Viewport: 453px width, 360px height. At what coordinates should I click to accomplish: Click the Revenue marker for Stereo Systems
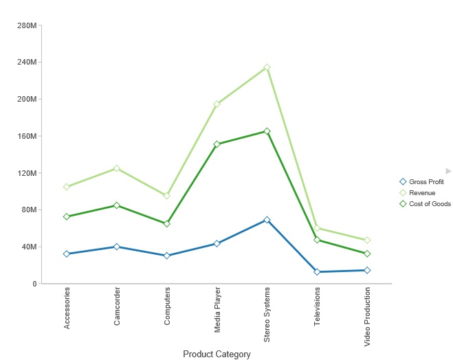pos(267,67)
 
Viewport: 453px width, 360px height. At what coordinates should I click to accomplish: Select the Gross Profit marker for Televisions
pos(317,272)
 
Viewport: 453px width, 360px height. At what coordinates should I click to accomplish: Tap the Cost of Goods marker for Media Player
pos(217,144)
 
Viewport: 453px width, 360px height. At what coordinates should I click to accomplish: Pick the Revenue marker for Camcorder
pos(117,168)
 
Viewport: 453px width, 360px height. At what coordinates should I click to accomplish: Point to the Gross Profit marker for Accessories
pos(67,254)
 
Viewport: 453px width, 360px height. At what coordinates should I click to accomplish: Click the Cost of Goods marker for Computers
pos(167,224)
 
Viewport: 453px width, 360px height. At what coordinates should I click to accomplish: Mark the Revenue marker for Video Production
pos(367,240)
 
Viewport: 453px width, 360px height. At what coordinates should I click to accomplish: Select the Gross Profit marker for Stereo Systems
pos(267,220)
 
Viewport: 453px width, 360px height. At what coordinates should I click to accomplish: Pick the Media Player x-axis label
pos(217,310)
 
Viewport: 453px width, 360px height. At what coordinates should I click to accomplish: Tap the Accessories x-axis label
pos(67,308)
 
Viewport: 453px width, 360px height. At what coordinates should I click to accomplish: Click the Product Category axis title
pos(217,355)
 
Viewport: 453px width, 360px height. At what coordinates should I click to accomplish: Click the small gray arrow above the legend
pos(448,170)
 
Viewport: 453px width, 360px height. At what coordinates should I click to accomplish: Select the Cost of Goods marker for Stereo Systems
pos(267,131)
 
